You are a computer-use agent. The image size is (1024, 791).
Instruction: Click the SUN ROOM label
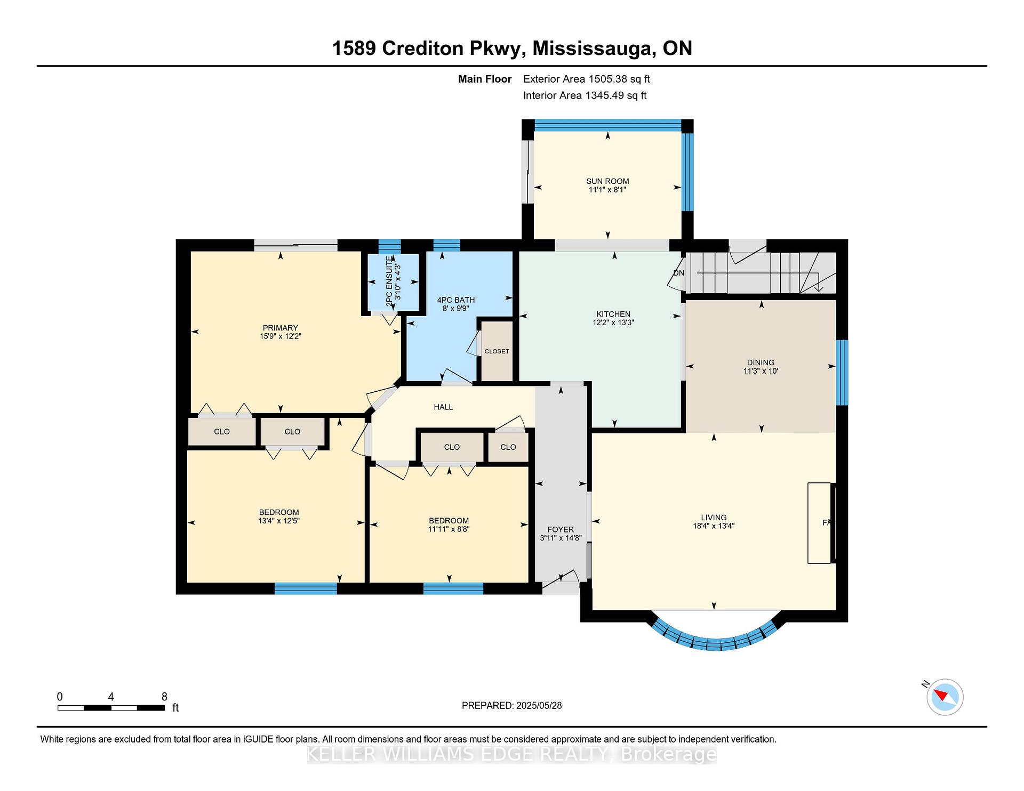[607, 181]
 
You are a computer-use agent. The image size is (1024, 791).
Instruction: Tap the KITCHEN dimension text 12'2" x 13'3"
[613, 322]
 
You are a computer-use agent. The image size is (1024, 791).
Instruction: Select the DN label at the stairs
[678, 273]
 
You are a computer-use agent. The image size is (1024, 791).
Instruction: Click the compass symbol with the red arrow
[945, 697]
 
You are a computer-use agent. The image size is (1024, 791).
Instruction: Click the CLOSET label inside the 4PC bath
[497, 351]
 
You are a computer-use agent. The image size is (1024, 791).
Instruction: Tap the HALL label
[443, 407]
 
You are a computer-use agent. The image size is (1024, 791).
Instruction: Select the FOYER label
[561, 529]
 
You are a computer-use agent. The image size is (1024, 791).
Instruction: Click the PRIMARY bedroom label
[280, 328]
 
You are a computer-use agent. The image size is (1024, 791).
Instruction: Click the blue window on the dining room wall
[842, 372]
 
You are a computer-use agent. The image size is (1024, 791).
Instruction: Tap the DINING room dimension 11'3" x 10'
[761, 371]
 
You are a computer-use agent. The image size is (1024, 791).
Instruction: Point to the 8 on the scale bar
[164, 697]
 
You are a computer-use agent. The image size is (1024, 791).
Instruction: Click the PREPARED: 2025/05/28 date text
[511, 705]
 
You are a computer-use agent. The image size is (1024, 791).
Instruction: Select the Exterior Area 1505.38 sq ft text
[586, 79]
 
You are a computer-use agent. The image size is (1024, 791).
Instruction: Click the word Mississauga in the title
[594, 49]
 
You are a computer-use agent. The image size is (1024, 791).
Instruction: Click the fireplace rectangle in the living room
[820, 523]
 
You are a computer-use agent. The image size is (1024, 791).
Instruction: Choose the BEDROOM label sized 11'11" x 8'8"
[449, 521]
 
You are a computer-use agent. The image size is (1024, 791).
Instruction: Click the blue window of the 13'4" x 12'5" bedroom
[306, 588]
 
